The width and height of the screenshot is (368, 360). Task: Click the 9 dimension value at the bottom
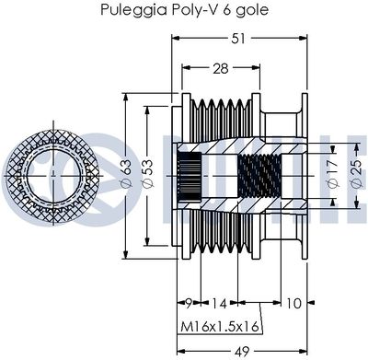click(187, 302)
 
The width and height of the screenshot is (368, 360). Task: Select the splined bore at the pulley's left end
click(190, 173)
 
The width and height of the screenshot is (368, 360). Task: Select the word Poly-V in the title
click(188, 11)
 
